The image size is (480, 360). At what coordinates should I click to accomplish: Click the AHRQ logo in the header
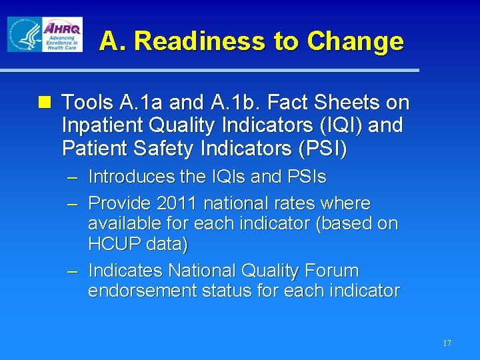tap(61, 34)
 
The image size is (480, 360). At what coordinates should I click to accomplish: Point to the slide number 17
tap(447, 343)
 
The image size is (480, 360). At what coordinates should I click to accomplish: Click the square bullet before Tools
tap(45, 103)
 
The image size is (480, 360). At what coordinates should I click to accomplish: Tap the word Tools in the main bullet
tap(88, 103)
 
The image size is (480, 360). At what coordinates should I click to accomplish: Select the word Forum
tap(331, 271)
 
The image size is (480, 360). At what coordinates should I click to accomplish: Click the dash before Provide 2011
tap(73, 203)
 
